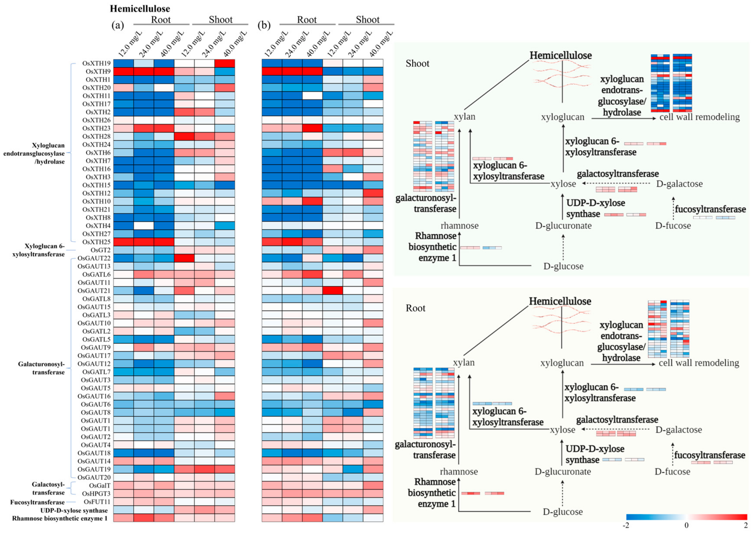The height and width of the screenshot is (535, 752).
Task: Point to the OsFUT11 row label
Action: [x=97, y=502]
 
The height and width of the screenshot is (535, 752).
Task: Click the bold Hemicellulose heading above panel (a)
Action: [x=140, y=8]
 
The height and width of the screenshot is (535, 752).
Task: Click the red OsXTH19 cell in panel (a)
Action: [x=225, y=63]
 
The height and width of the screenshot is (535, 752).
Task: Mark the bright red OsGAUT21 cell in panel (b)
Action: [x=333, y=290]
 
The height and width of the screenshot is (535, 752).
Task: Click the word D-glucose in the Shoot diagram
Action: [x=563, y=266]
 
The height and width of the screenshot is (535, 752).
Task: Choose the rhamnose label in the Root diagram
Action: [x=459, y=471]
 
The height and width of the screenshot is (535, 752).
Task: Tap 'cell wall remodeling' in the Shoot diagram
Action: [x=700, y=117]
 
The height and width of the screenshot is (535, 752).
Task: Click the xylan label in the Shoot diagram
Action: [x=465, y=117]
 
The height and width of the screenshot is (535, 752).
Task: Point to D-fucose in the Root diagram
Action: [x=672, y=471]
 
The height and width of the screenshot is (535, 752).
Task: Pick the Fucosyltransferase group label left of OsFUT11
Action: [x=37, y=502]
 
